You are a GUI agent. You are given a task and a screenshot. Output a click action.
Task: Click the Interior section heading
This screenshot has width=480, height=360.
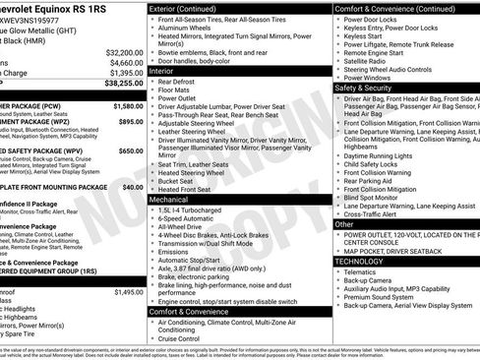pos(162,71)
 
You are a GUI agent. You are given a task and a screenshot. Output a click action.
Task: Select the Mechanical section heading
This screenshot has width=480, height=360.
pos(168,199)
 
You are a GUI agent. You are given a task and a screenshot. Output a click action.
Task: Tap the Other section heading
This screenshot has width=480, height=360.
pos(344,224)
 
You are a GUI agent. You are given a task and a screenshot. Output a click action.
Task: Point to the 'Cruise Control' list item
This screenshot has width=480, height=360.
pos(186,339)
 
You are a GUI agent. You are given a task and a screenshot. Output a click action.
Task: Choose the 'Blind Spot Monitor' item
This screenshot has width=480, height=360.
pos(379,197)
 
